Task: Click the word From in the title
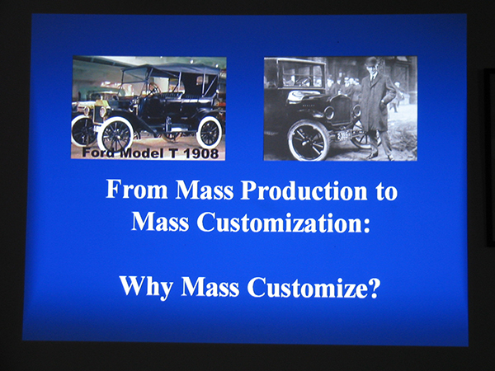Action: tap(137, 190)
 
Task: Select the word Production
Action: tap(304, 190)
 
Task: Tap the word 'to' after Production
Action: tap(386, 191)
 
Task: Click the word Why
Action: tap(146, 287)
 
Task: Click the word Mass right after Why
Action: tap(210, 287)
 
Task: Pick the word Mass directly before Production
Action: tap(205, 190)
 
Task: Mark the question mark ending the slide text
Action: tap(374, 287)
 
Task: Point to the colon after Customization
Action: tap(366, 225)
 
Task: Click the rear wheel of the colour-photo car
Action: tap(209, 132)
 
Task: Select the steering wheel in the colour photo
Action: tap(153, 89)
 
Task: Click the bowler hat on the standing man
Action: tap(371, 61)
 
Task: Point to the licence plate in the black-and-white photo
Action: tap(343, 136)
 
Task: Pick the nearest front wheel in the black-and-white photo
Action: tap(309, 141)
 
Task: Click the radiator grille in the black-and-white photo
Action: tap(341, 110)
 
